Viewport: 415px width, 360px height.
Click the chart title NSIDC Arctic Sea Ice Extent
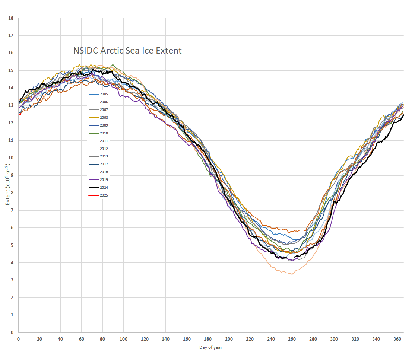(x=127, y=51)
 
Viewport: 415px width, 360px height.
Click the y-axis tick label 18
(x=11, y=18)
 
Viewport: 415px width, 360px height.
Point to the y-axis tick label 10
(x=11, y=158)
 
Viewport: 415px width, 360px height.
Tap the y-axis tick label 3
(x=12, y=280)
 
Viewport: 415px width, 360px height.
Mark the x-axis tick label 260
(x=292, y=339)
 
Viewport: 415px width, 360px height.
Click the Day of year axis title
(x=210, y=347)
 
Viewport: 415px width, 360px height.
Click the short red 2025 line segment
(x=20, y=114)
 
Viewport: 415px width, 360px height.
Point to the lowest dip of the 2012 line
(x=292, y=274)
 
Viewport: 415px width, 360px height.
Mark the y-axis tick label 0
(x=12, y=332)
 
